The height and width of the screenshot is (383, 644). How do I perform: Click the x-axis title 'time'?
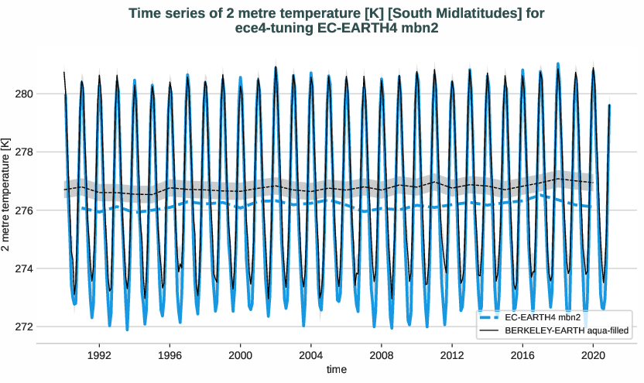(337, 370)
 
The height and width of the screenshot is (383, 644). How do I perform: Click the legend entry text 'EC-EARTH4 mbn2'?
(541, 318)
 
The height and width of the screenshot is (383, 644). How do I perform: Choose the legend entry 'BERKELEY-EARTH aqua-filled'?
(565, 330)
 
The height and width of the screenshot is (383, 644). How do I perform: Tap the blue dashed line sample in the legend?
(490, 318)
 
